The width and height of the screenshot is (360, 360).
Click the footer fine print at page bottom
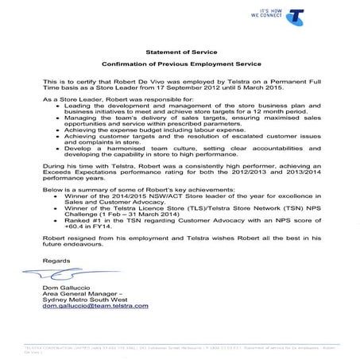[x=180, y=349]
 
